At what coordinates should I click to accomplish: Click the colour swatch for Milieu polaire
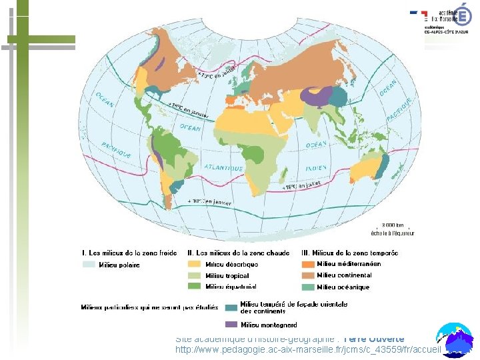(89, 265)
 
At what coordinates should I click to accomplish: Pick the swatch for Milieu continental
(308, 275)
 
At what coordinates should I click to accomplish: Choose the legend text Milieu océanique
(343, 287)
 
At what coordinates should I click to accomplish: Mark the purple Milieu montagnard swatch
(231, 325)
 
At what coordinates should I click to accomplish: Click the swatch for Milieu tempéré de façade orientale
(231, 307)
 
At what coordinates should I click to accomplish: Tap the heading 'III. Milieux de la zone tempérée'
(350, 253)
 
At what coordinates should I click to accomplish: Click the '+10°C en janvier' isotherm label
(209, 201)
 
